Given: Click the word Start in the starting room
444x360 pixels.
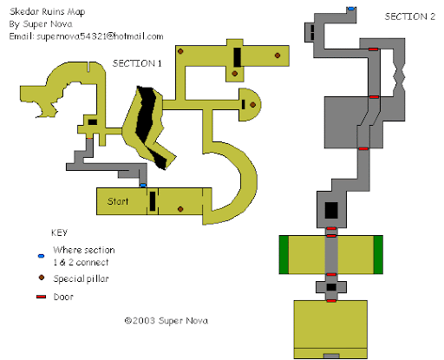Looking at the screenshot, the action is (118, 201).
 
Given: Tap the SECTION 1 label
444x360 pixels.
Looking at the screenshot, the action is (137, 63).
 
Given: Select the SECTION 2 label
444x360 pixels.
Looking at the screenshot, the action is (409, 16).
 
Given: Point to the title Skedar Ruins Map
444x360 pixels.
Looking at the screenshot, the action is (48, 11).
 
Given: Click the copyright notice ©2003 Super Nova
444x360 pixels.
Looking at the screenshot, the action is (166, 320).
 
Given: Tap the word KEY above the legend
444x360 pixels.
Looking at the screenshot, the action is (59, 232).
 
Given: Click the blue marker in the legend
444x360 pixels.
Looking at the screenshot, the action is (41, 256).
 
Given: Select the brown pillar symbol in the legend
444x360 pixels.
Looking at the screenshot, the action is (42, 278).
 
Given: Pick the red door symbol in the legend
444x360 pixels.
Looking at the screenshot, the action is (41, 297).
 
